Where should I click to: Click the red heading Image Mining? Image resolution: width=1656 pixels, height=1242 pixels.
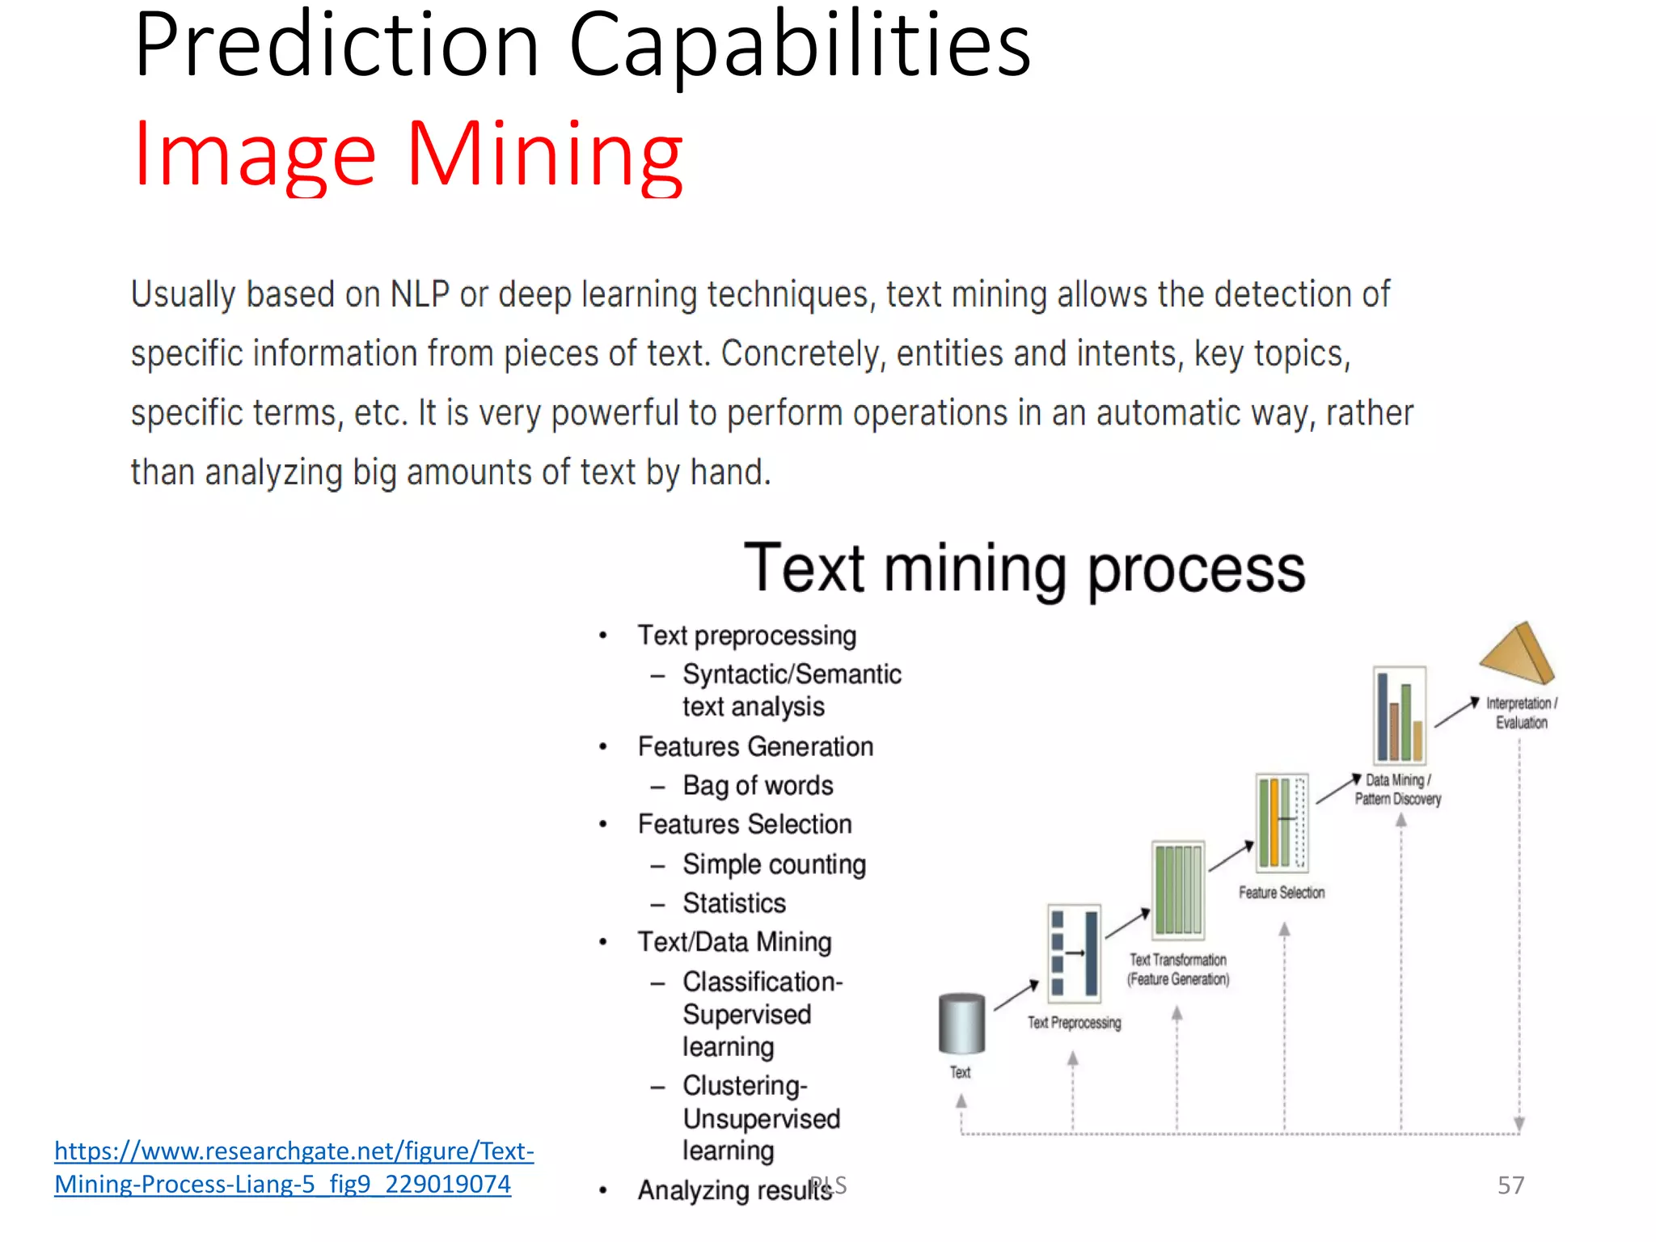click(408, 155)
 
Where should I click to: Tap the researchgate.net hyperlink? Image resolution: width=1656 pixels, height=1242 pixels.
click(294, 1167)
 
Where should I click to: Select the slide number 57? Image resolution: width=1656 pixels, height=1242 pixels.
click(1510, 1185)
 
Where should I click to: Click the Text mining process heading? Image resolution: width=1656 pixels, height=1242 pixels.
click(1024, 569)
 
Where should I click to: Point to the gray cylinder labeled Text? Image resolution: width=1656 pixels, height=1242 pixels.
click(961, 1024)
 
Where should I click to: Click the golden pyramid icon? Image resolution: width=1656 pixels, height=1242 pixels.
click(1517, 653)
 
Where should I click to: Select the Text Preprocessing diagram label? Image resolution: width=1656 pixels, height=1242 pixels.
click(1074, 1023)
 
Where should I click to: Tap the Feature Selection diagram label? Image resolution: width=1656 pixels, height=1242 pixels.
click(1282, 893)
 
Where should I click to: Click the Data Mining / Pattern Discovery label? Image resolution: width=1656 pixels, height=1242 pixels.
click(1397, 790)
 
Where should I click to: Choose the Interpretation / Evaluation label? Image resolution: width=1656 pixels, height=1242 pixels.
click(1521, 713)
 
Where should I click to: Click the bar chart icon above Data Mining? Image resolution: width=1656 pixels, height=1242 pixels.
click(1400, 716)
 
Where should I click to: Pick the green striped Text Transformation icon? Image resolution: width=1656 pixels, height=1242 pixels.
click(1178, 890)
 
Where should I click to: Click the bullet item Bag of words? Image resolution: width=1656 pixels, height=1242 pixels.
click(758, 786)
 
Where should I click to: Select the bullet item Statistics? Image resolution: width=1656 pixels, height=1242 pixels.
click(734, 903)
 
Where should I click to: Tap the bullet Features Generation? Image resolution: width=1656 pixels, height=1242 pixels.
click(755, 747)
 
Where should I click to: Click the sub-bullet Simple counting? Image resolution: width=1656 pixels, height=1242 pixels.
click(774, 864)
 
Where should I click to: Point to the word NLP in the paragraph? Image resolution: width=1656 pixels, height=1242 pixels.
click(420, 295)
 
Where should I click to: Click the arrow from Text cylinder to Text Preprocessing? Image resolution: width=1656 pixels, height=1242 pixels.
click(1016, 995)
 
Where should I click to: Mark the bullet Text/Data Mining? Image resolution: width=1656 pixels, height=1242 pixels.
click(734, 943)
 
